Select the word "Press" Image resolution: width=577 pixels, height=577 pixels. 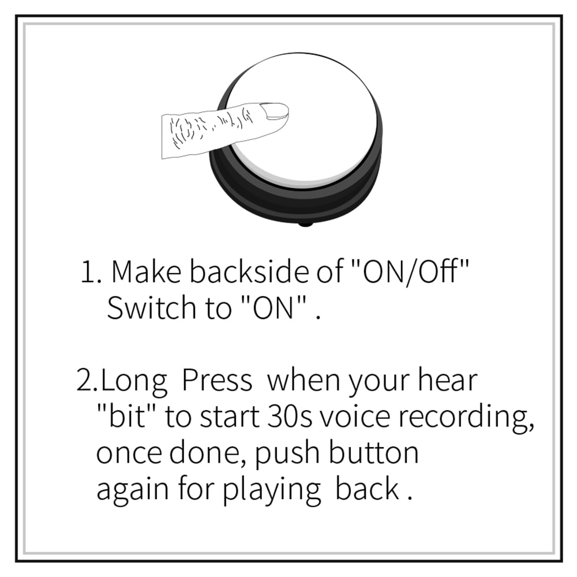[217, 381]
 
